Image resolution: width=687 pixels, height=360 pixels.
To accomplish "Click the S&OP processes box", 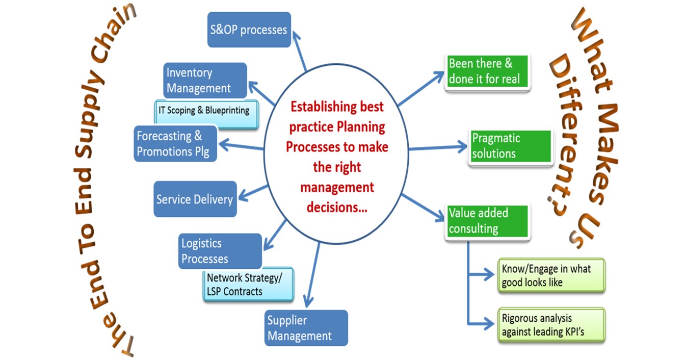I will tap(249, 30).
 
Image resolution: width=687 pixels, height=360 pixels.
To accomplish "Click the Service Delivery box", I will tap(195, 199).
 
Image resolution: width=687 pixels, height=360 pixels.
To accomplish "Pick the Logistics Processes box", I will tap(220, 251).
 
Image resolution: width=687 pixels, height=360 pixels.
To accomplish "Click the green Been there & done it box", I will tap(487, 71).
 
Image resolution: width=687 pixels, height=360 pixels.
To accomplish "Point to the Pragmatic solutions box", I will tap(510, 146).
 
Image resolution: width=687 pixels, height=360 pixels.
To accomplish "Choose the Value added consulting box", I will tap(487, 221).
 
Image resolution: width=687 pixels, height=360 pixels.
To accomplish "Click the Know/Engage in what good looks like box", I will tap(551, 275).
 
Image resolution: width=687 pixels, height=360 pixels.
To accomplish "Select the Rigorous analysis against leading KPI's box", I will tap(551, 325).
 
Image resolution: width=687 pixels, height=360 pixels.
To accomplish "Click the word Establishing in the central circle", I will tap(323, 107).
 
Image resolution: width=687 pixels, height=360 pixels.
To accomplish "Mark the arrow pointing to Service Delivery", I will tap(253, 193).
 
